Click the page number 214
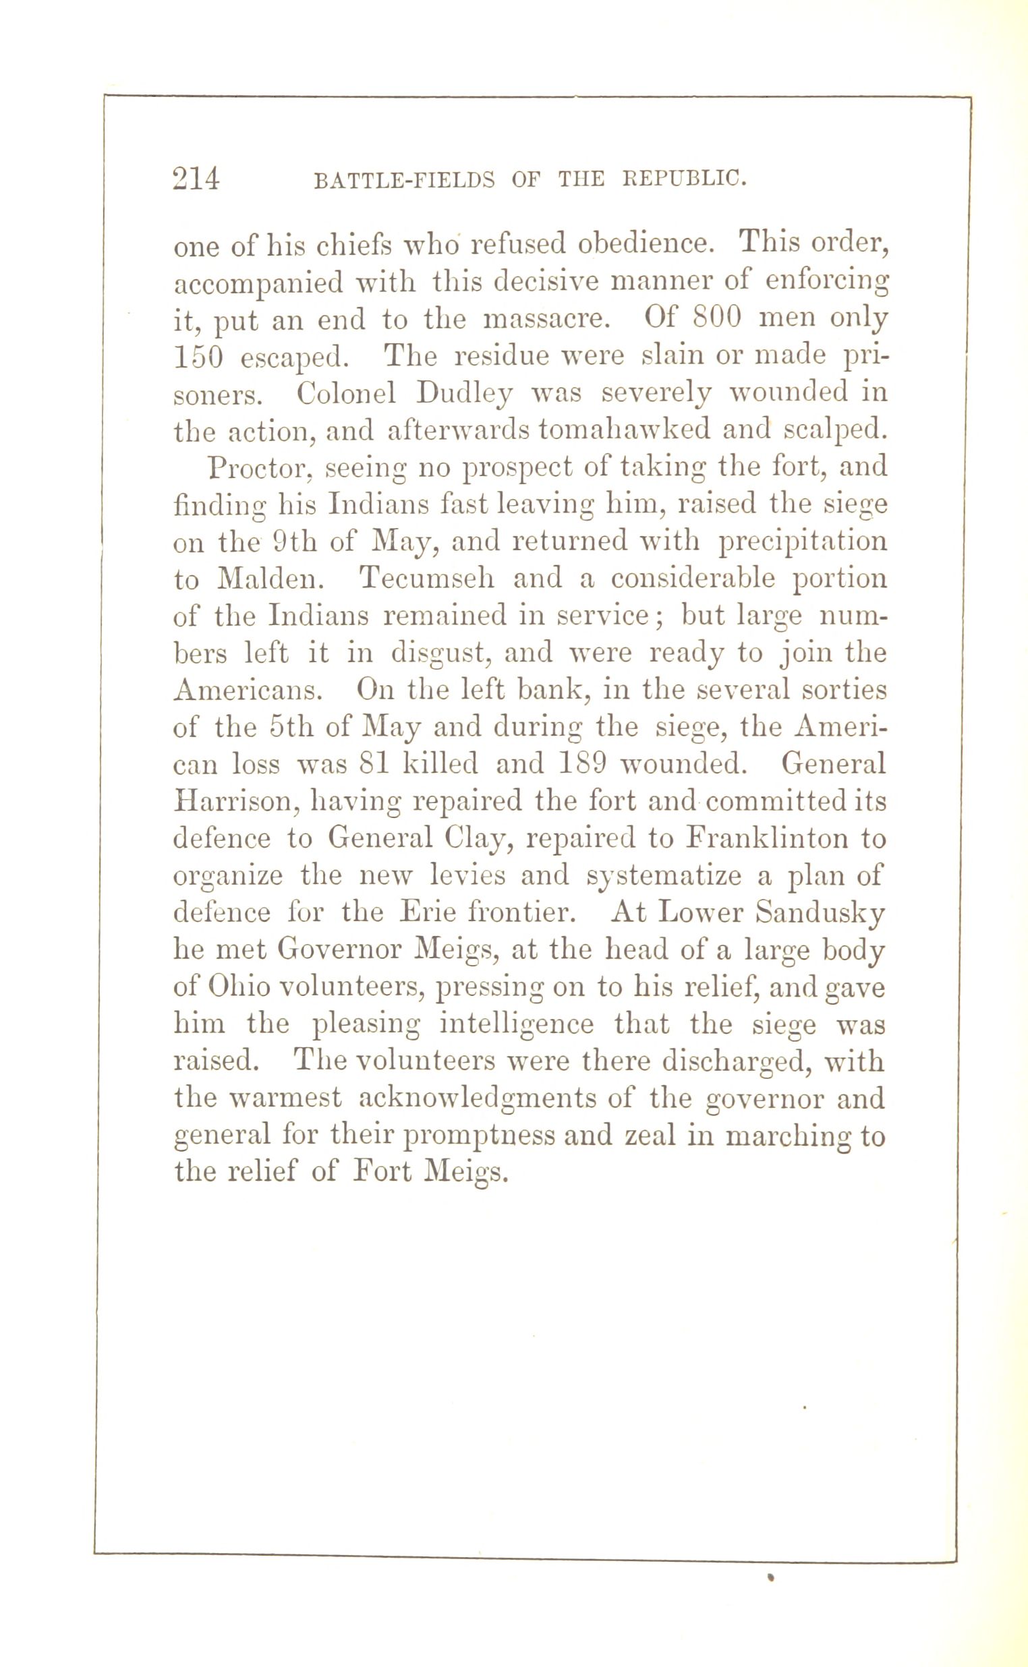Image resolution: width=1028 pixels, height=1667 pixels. [196, 179]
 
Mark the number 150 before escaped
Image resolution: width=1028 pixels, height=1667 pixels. [198, 356]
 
